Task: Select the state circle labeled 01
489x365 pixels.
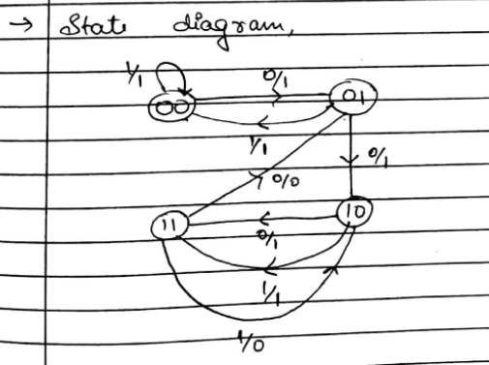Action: point(353,96)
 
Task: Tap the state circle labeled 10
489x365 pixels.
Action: point(354,210)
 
